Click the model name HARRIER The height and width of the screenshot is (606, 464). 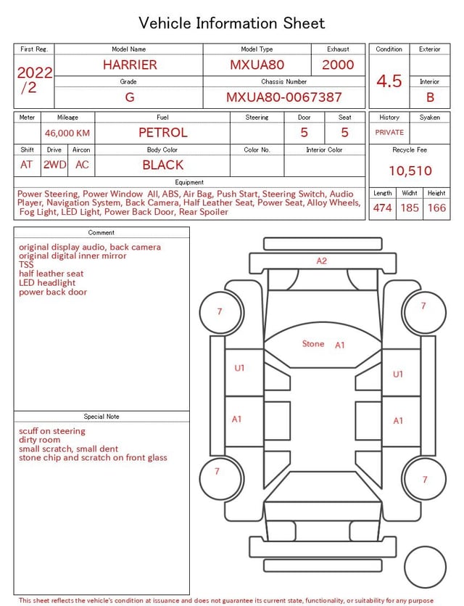[130, 65]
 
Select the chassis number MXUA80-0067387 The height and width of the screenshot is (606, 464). [283, 97]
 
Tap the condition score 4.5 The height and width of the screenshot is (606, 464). [389, 81]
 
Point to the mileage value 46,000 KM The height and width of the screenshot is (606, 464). [67, 134]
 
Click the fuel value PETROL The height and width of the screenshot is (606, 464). [163, 133]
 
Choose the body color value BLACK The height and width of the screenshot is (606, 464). [163, 165]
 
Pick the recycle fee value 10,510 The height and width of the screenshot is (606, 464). [410, 171]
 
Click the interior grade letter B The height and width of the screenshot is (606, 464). [430, 97]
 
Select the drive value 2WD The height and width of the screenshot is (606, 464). [54, 165]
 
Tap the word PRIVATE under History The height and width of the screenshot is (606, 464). [389, 132]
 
